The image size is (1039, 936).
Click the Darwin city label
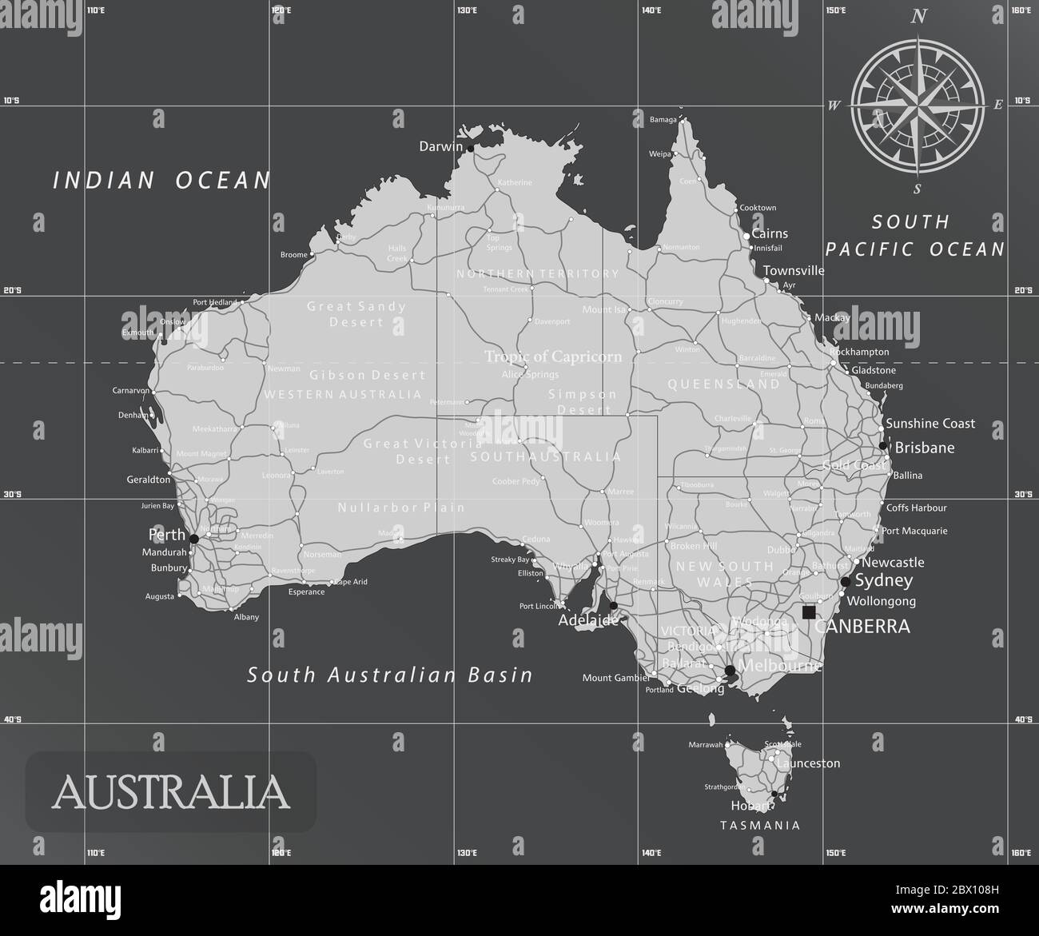pos(440,146)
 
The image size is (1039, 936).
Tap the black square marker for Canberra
pos(809,612)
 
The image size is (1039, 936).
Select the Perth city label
pos(166,535)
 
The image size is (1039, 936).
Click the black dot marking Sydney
pos(846,581)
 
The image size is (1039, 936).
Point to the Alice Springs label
pos(530,374)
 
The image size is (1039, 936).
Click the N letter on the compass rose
pos(919,16)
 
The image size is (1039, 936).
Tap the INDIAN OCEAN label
pos(162,181)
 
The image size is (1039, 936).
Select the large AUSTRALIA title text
pos(170,791)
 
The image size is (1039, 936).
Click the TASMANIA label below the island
pos(760,825)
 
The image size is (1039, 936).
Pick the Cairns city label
pos(770,233)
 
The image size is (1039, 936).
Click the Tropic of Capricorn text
pos(553,356)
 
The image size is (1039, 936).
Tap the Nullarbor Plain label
pos(401,508)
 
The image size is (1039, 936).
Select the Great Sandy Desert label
pos(356,313)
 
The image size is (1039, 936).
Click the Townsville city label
pos(793,270)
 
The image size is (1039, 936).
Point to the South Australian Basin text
pos(390,675)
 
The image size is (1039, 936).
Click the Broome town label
pos(294,255)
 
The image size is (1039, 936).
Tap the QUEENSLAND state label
pos(724,384)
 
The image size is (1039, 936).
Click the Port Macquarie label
pos(914,531)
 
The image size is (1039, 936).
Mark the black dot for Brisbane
pos(882,446)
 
